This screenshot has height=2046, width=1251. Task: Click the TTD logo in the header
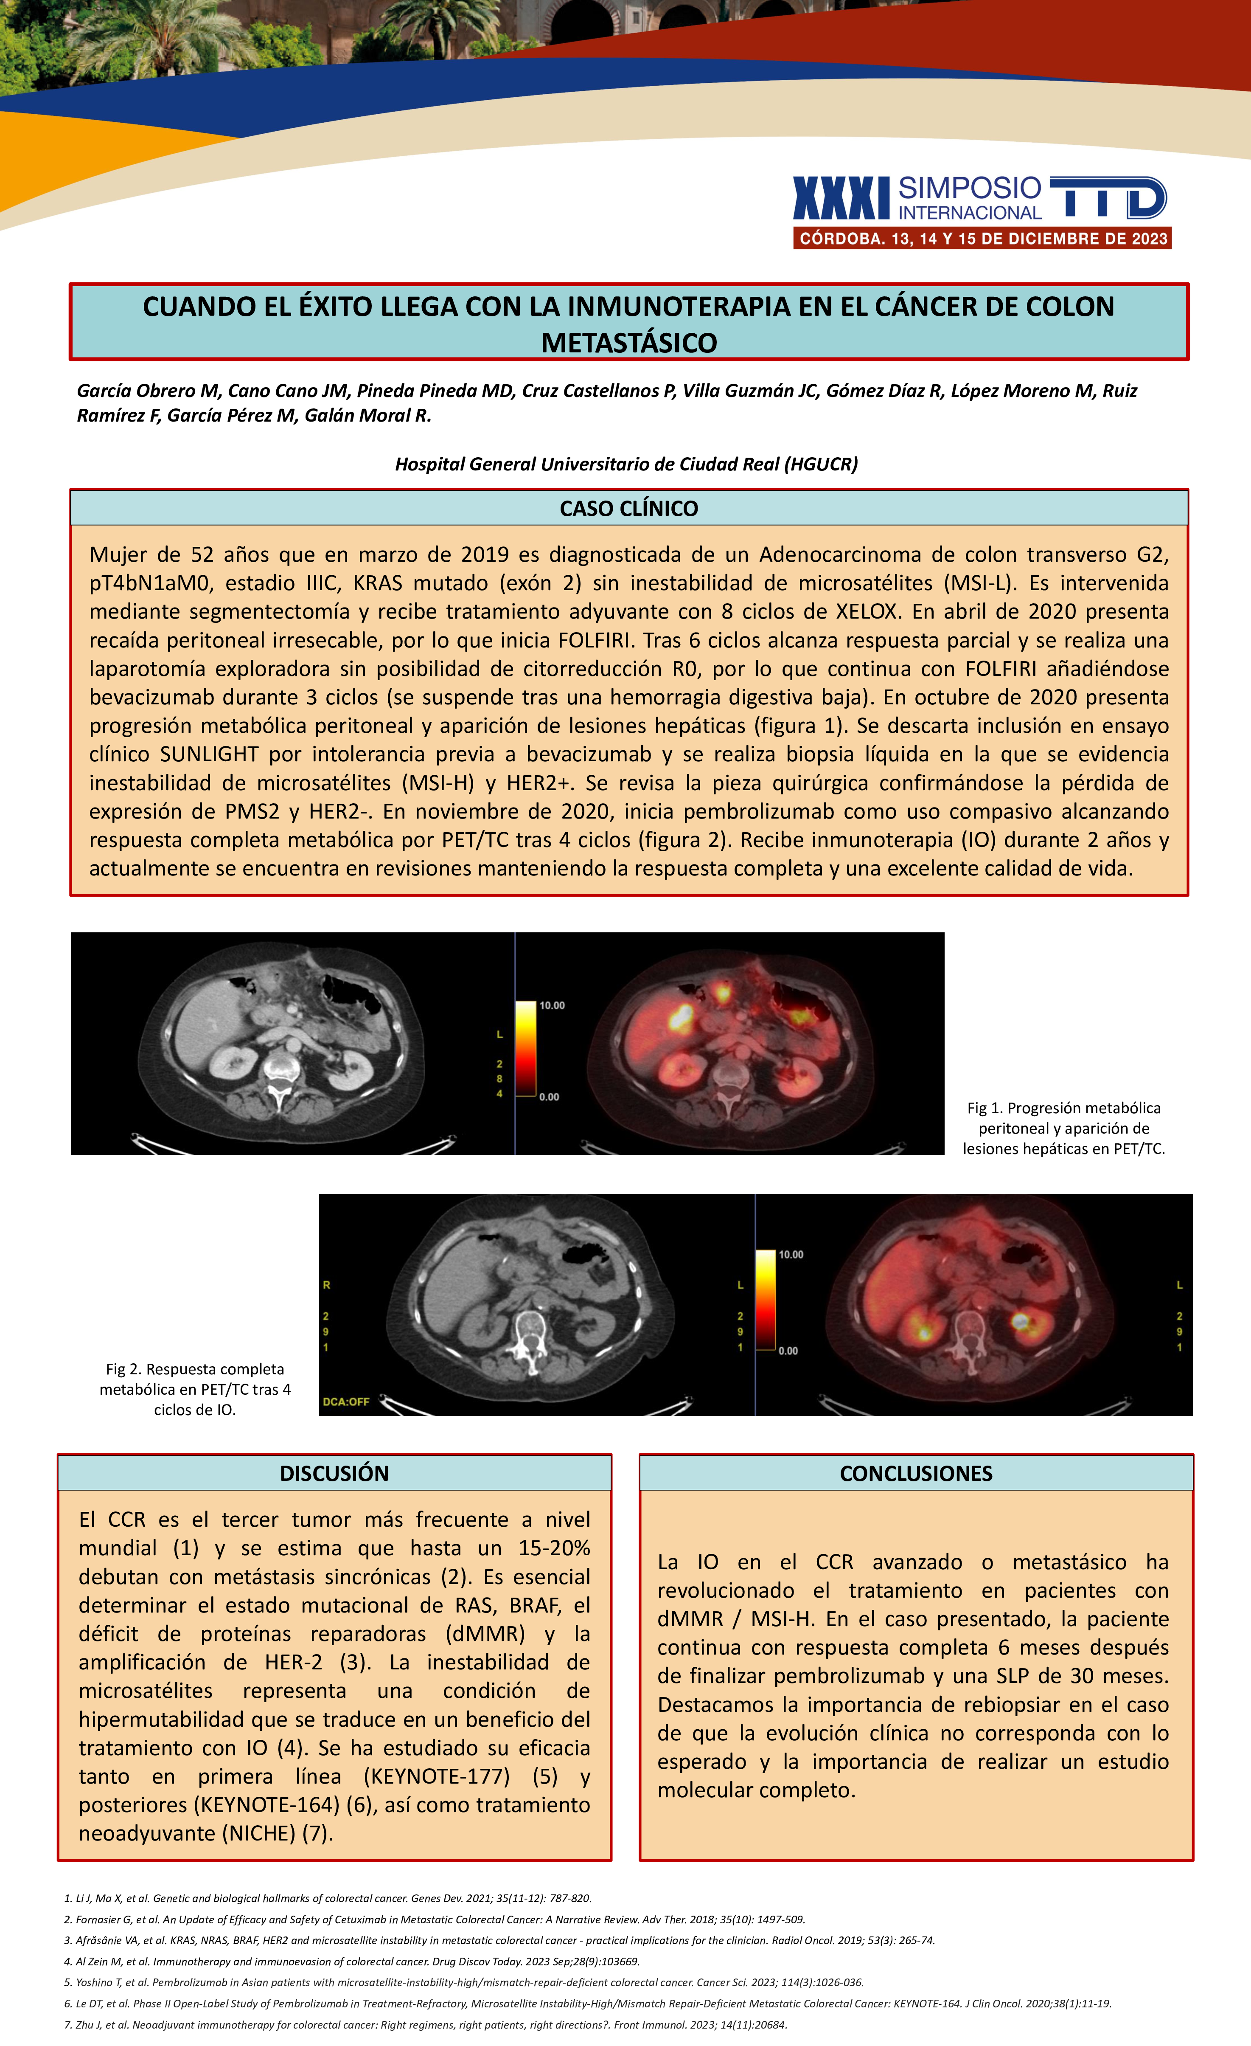click(1108, 198)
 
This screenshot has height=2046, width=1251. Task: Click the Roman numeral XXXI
click(841, 198)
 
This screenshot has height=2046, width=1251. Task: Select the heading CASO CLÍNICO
click(628, 508)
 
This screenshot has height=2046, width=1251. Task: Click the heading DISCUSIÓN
click(334, 1473)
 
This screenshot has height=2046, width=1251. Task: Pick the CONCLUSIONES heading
click(916, 1473)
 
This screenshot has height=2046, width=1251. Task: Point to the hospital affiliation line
click(626, 464)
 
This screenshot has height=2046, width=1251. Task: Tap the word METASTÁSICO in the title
click(628, 342)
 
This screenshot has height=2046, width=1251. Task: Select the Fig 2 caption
click(195, 1389)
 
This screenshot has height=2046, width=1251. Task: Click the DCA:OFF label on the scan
click(345, 1402)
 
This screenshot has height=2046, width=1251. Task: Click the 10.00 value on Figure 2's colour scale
click(790, 1255)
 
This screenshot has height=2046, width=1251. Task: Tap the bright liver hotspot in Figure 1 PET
click(681, 1015)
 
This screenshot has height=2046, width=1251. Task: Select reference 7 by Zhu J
click(425, 2024)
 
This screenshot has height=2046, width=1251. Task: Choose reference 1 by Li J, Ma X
click(328, 1898)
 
